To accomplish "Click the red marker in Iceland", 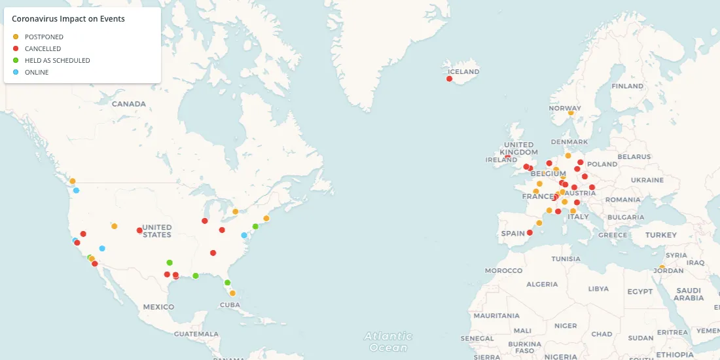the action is (449, 79).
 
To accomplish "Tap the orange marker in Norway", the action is (571, 113).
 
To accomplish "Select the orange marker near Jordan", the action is (662, 267).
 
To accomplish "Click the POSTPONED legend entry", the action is (44, 37).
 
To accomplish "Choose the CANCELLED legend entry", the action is (43, 49).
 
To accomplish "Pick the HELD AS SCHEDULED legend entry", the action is (57, 61).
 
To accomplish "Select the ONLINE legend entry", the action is (37, 73).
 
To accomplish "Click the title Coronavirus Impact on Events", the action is (68, 20).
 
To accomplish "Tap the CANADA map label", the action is (128, 104).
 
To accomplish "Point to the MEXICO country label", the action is (158, 306).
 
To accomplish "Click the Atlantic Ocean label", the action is (389, 342).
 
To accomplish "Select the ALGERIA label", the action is (543, 284).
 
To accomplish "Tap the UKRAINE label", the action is (647, 180).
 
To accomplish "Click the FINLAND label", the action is (627, 86).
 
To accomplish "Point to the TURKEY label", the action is (660, 235).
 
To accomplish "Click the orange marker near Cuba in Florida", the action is (232, 293).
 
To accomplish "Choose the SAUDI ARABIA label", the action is (689, 294).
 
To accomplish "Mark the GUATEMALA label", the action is (196, 334).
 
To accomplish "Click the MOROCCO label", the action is (504, 270).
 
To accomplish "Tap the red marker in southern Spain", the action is (530, 232).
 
